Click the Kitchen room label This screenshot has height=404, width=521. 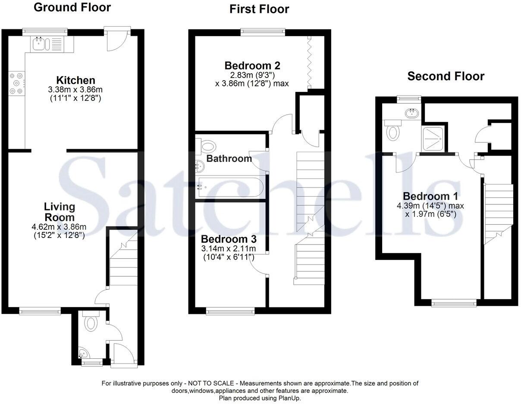pyautogui.click(x=75, y=80)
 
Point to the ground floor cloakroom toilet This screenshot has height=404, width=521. pyautogui.click(x=91, y=323)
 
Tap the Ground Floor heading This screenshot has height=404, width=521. pyautogui.click(x=72, y=7)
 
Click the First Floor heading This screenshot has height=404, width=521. pyautogui.click(x=259, y=9)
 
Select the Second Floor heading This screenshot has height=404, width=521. pyautogui.click(x=446, y=76)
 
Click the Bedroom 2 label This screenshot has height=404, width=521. pyautogui.click(x=252, y=66)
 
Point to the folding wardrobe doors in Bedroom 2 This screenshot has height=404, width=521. pyautogui.click(x=309, y=63)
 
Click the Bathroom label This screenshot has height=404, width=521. pyautogui.click(x=229, y=159)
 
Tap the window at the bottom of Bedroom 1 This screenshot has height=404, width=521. pyautogui.click(x=454, y=303)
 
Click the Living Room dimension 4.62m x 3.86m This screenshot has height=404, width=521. pyautogui.click(x=59, y=227)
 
